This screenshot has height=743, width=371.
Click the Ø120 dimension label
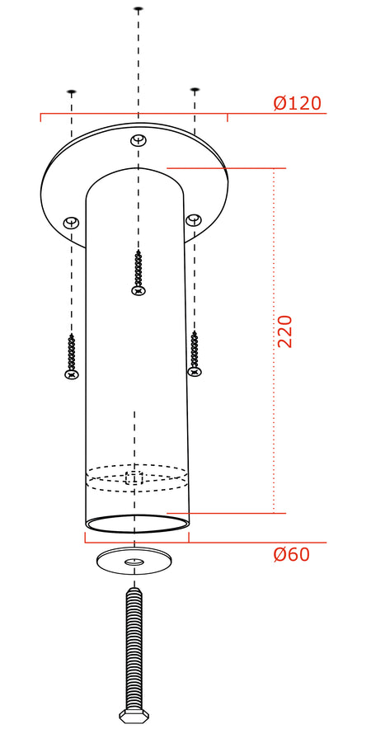298,103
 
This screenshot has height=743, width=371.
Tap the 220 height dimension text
284,332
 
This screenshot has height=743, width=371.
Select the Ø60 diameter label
291,554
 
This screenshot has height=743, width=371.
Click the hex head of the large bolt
134,716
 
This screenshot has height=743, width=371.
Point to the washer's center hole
134,562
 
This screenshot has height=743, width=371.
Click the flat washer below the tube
134,561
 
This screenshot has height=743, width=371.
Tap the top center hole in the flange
139,140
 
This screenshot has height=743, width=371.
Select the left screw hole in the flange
71,222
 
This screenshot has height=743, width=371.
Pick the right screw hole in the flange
193,219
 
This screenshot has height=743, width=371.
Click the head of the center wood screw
139,290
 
